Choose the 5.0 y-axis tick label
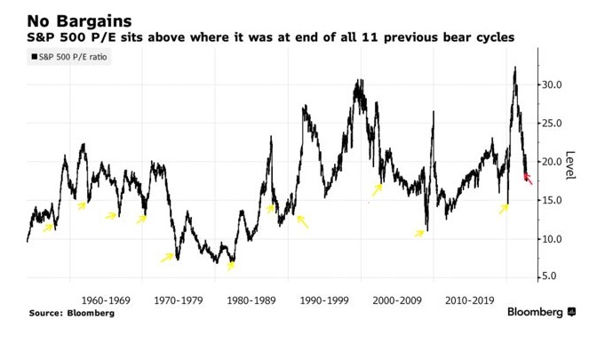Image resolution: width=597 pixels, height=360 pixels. click(x=553, y=276)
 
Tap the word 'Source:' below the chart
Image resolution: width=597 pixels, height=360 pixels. click(x=47, y=313)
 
